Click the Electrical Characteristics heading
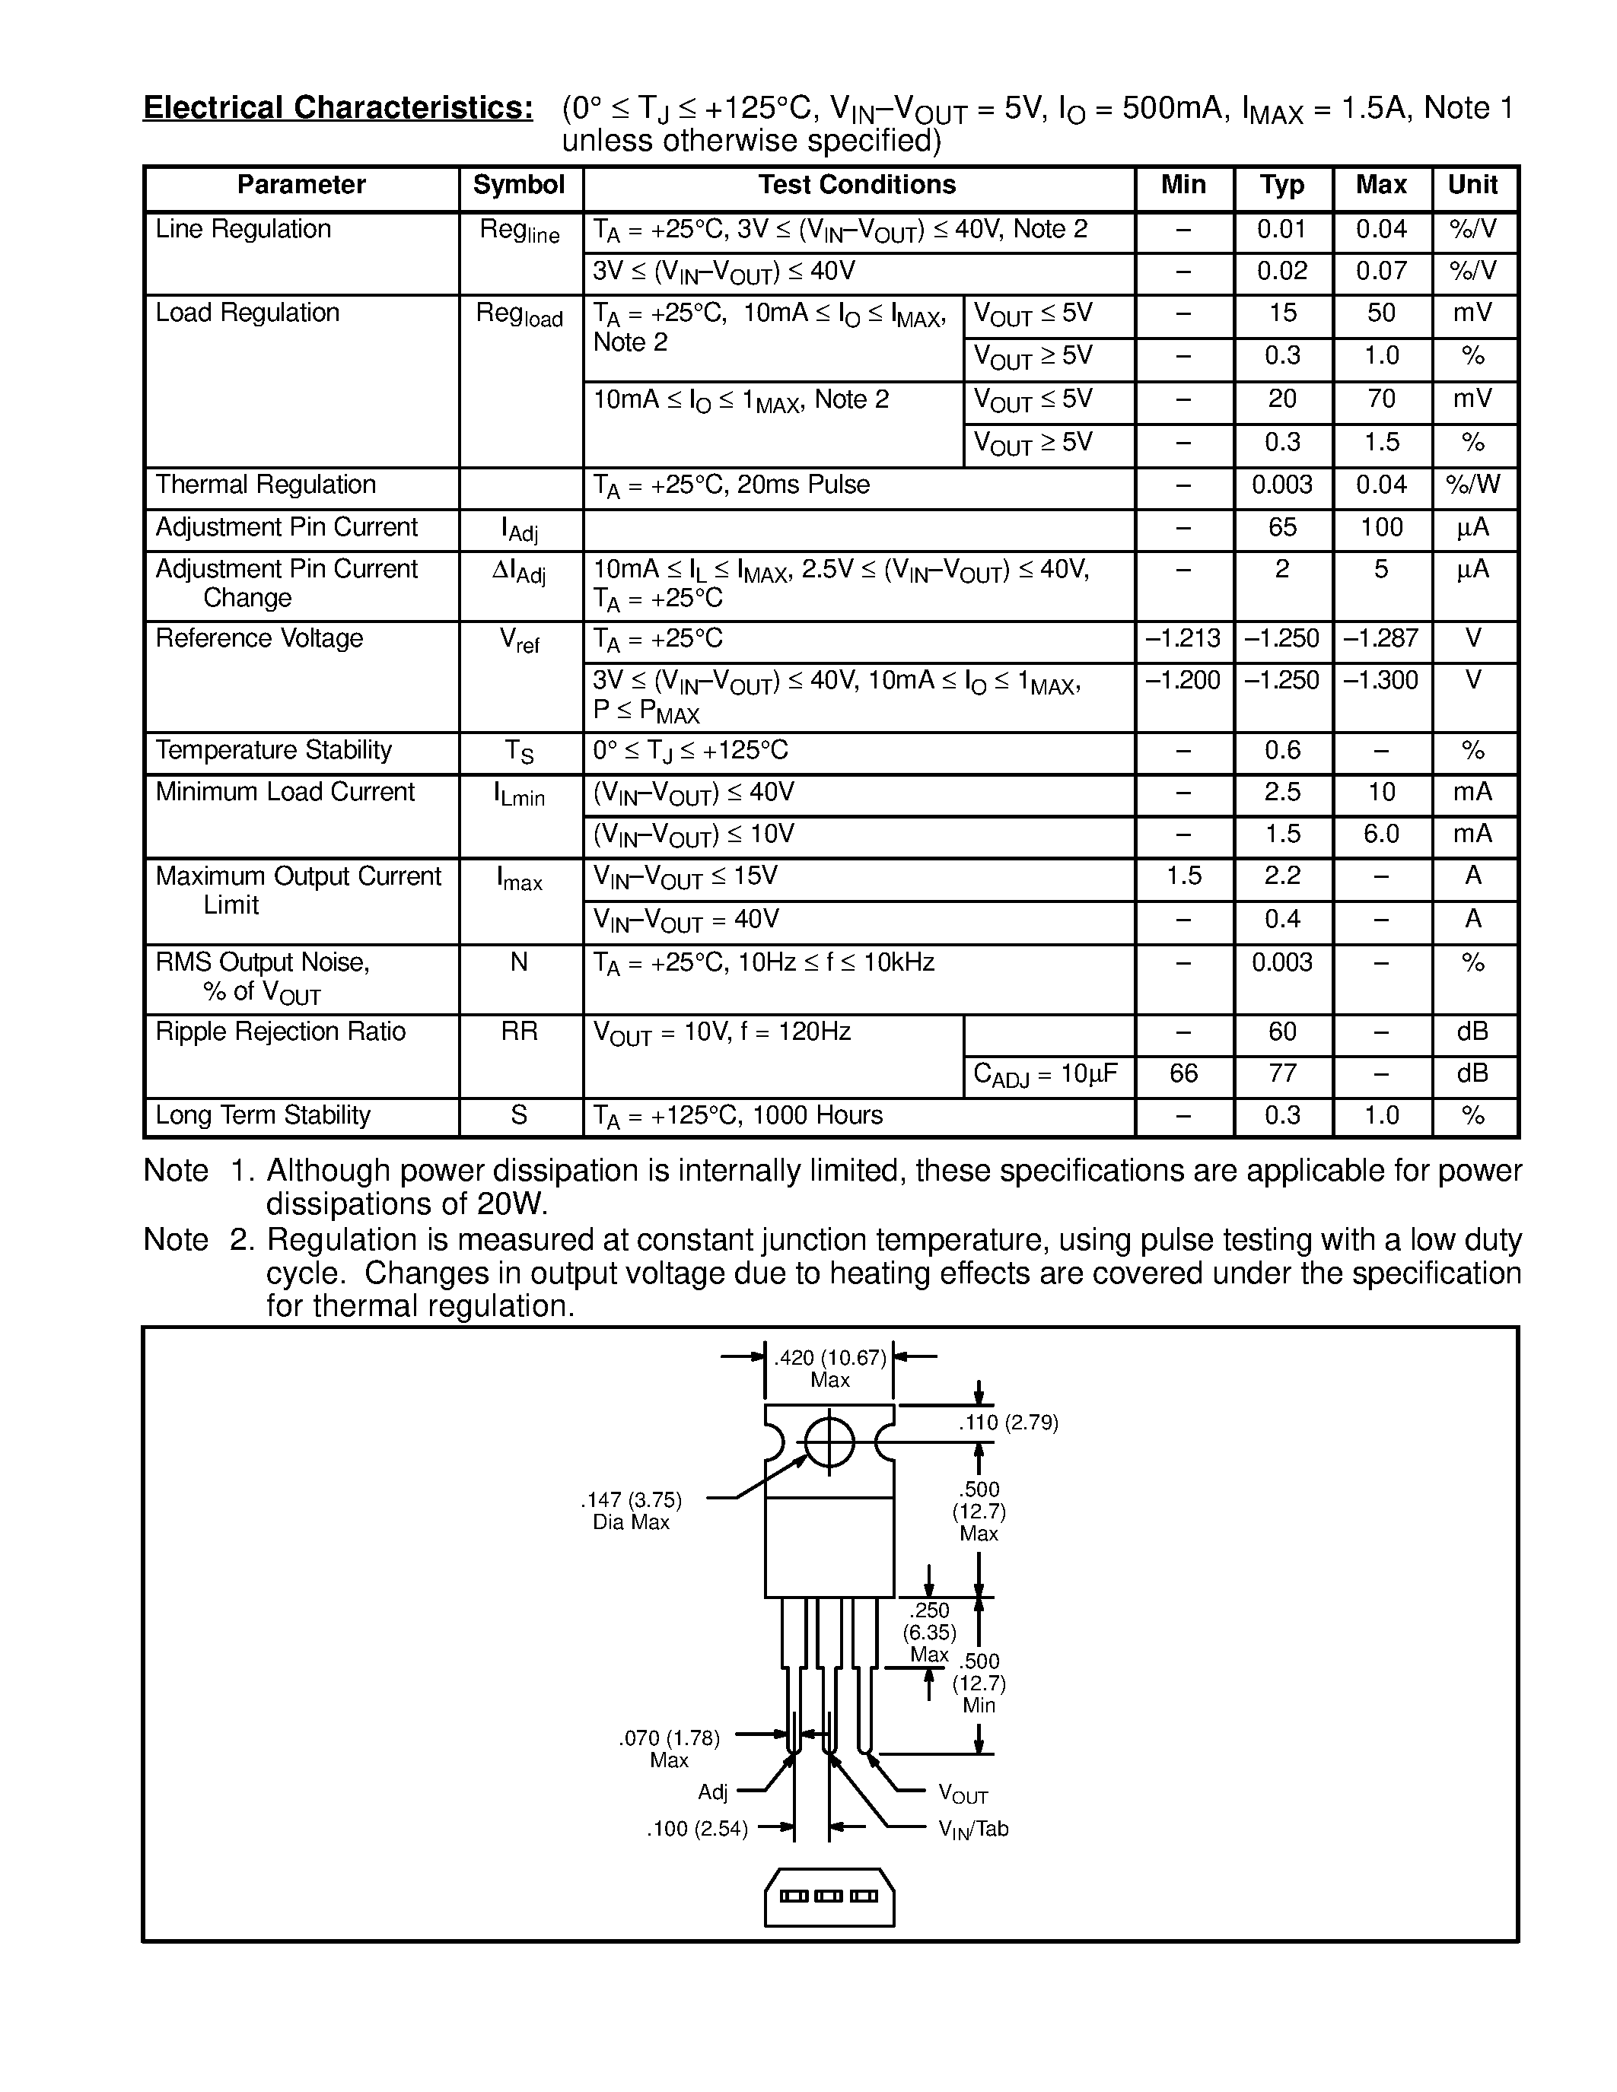(337, 108)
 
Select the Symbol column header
(519, 185)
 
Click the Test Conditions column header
(858, 185)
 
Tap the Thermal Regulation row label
(266, 485)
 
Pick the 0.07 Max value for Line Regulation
(1380, 271)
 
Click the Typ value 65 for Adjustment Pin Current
(1281, 527)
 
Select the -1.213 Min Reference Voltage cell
(1183, 638)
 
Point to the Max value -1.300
(1380, 680)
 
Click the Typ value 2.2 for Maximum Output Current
(1281, 876)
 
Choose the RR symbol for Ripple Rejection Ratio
(519, 1032)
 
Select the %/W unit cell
(1473, 485)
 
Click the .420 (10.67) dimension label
(829, 1358)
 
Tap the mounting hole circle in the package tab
(829, 1442)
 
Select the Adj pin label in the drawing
(713, 1792)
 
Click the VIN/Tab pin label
(973, 1830)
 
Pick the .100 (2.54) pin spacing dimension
(696, 1830)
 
